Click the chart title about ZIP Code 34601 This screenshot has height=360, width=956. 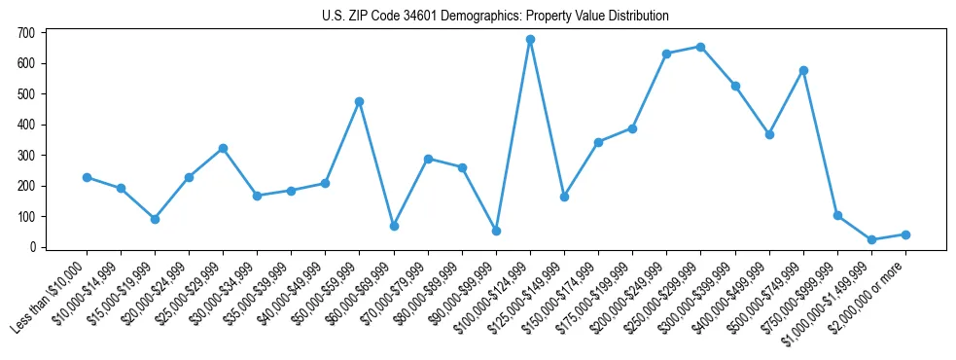click(495, 17)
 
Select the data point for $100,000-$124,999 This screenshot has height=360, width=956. click(530, 40)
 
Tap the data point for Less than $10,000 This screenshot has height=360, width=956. click(87, 177)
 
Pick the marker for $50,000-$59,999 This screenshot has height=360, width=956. click(360, 101)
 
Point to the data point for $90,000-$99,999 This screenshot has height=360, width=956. click(496, 231)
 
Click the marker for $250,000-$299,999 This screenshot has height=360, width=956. click(701, 47)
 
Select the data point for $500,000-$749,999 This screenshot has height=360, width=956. click(803, 70)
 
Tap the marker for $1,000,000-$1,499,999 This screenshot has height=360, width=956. click(871, 239)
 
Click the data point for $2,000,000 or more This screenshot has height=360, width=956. click(905, 234)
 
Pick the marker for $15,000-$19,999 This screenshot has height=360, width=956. click(155, 219)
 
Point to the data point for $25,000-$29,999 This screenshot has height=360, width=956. click(223, 148)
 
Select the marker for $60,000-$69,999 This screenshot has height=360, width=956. click(394, 226)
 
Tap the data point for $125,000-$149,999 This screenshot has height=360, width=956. click(564, 197)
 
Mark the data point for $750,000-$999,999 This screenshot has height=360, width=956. click(837, 215)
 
